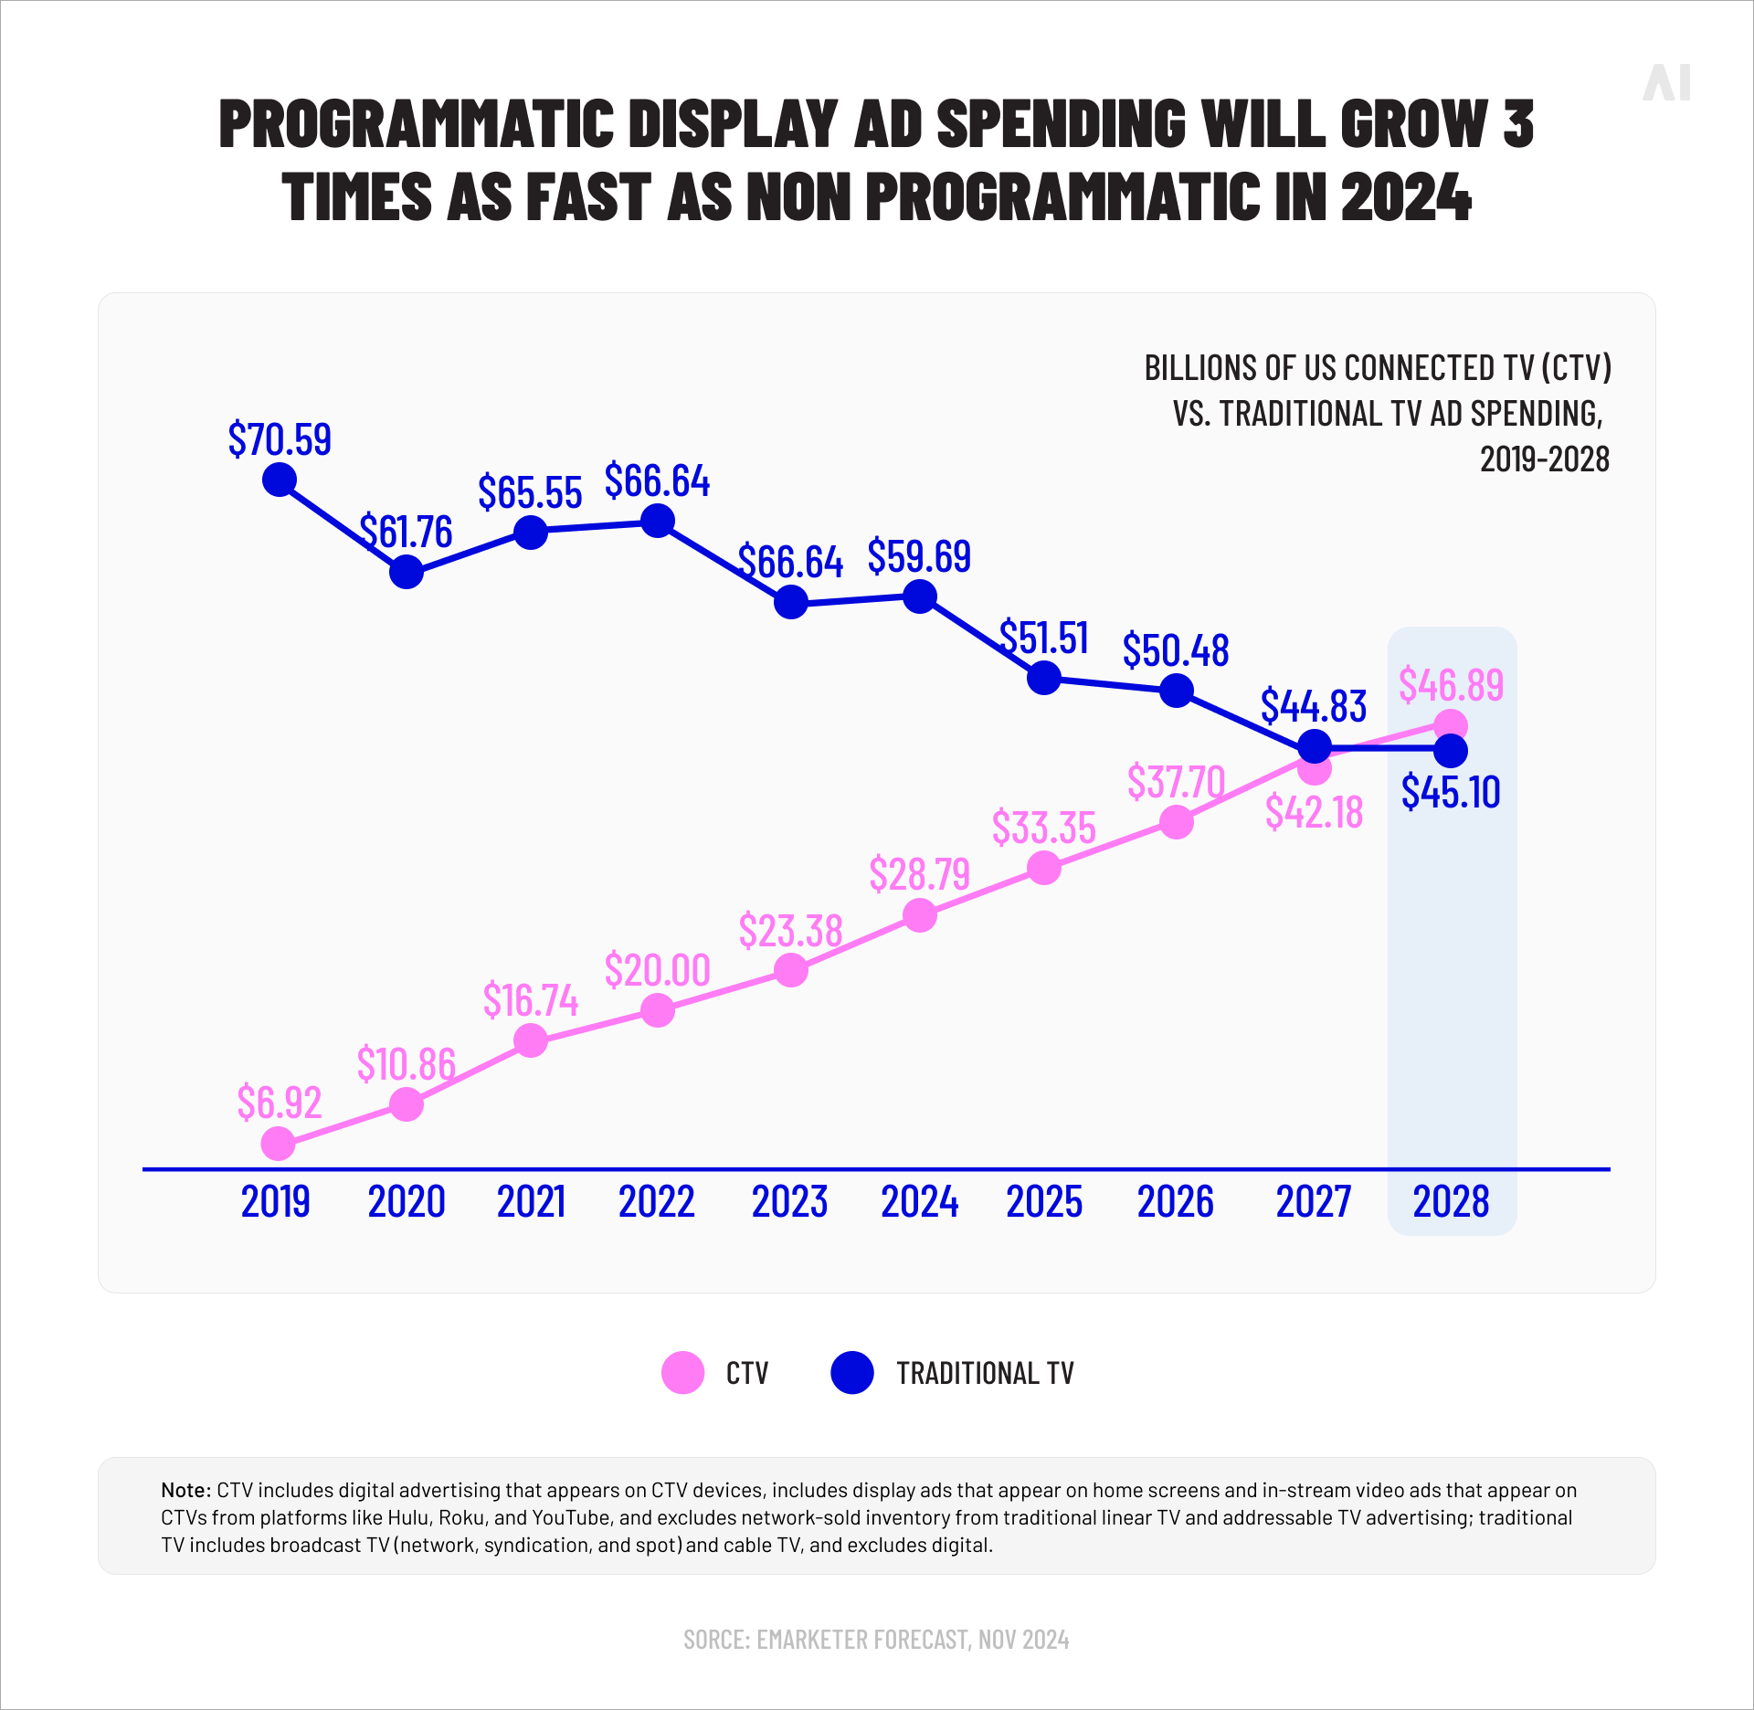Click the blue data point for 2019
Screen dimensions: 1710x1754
(279, 479)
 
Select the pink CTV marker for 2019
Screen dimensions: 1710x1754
(278, 1143)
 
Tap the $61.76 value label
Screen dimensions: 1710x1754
(406, 532)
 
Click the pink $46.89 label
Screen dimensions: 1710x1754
(1451, 685)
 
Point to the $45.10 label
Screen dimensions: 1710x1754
(1451, 792)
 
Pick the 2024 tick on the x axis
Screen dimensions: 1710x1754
(919, 1201)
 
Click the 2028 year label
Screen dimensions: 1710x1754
(1451, 1201)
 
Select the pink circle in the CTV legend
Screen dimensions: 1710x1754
(682, 1372)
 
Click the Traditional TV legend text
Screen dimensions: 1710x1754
(984, 1373)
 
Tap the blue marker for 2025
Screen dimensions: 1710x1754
(1043, 678)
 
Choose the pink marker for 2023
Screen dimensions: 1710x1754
(790, 970)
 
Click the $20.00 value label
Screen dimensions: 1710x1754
(657, 970)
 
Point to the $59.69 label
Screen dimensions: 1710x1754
(919, 556)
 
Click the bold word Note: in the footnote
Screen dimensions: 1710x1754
(186, 1490)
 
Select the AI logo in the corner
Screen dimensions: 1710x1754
(1666, 83)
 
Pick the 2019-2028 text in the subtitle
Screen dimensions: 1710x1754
(1544, 459)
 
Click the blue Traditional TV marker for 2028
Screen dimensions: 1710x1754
(1451, 751)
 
